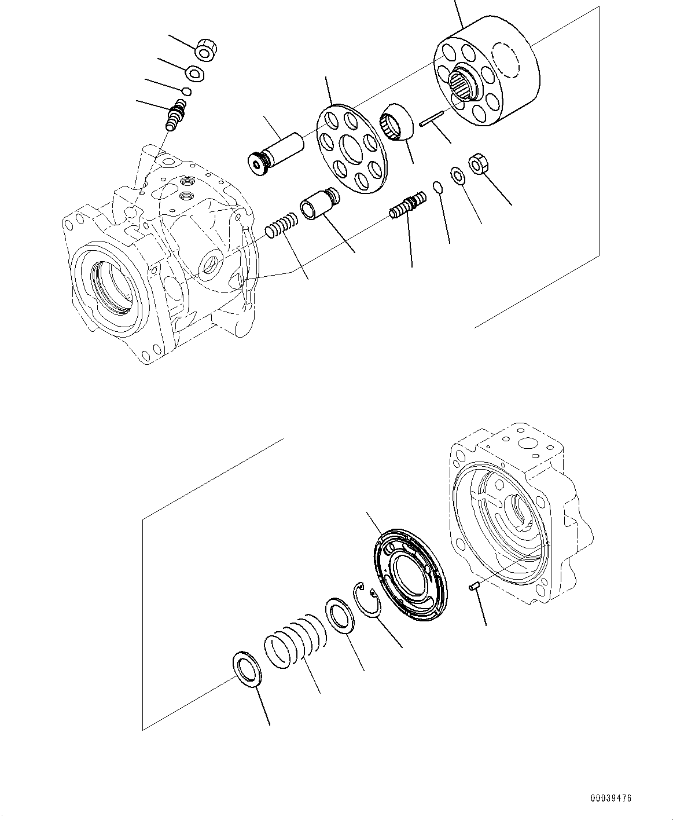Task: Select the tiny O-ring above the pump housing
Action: point(186,91)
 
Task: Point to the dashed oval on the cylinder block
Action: point(506,60)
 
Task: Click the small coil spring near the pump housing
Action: point(282,225)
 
